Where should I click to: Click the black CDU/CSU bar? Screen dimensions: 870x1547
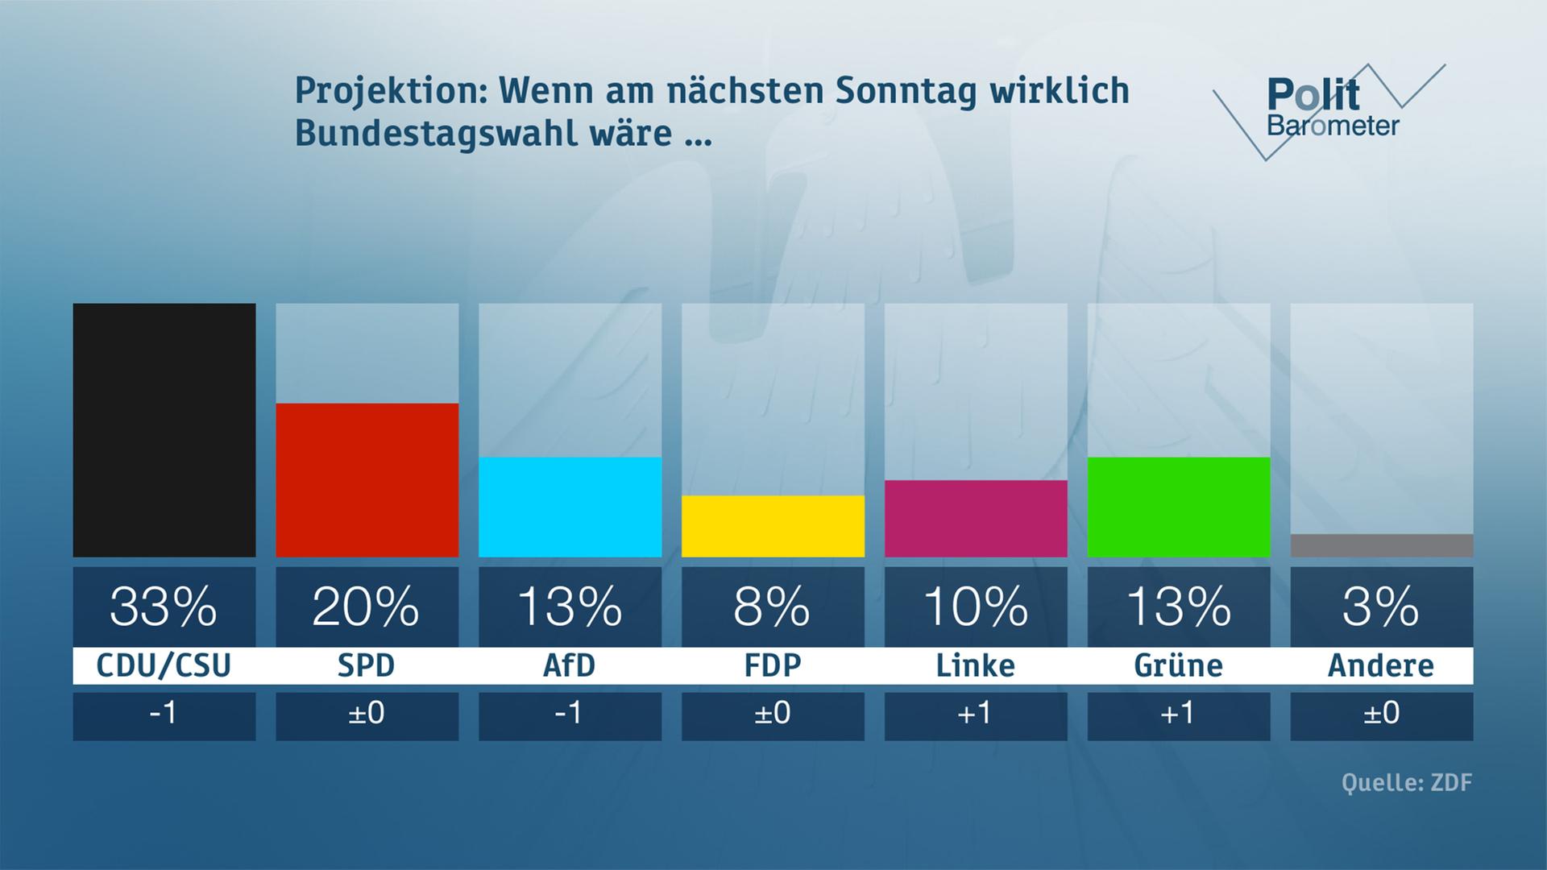(164, 430)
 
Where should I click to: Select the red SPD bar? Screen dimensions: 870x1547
(367, 480)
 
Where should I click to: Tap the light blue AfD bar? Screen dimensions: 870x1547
(570, 507)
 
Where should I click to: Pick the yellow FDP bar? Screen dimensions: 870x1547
(773, 526)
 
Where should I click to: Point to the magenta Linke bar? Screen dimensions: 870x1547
(976, 519)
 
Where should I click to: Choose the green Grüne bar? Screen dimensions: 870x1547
(1179, 507)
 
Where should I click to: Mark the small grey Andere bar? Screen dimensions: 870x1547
(1382, 545)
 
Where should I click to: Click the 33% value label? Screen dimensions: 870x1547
(164, 607)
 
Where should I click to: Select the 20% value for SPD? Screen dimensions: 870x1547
(367, 607)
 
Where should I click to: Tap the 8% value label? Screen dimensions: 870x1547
(773, 607)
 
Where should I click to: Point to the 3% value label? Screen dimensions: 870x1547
(1382, 607)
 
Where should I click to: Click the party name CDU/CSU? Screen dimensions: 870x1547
(164, 666)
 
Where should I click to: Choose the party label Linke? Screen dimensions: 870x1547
(976, 666)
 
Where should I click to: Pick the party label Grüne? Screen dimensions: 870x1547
(1179, 666)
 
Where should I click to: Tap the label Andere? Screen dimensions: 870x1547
(1382, 666)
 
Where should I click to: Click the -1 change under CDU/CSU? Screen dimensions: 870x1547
(164, 714)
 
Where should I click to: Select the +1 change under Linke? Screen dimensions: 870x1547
(976, 714)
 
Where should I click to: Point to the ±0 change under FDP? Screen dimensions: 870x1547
(773, 714)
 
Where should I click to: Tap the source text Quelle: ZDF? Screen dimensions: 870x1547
(1407, 783)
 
